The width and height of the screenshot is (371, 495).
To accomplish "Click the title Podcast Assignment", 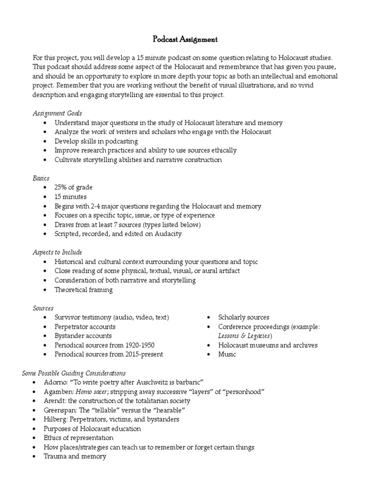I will pyautogui.click(x=185, y=40).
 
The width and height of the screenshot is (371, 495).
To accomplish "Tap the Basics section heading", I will pyautogui.click(x=41, y=178).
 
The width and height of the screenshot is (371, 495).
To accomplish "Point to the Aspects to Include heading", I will pyautogui.click(x=57, y=252).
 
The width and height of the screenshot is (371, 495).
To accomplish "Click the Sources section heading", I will pyautogui.click(x=43, y=308).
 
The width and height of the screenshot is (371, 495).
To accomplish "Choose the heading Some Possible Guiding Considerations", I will pyautogui.click(x=74, y=373).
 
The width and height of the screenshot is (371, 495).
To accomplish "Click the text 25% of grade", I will pyautogui.click(x=73, y=188).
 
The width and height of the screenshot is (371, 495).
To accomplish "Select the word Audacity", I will pyautogui.click(x=167, y=234).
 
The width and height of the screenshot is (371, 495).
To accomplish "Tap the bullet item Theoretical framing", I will pyautogui.click(x=84, y=290).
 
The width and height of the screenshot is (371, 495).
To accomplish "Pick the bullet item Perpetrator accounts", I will pyautogui.click(x=85, y=326).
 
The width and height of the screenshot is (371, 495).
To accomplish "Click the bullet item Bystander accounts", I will pyautogui.click(x=83, y=335).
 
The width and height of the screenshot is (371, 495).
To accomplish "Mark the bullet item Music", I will pyautogui.click(x=227, y=354).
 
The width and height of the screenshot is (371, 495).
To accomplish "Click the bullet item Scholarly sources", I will pyautogui.click(x=244, y=317).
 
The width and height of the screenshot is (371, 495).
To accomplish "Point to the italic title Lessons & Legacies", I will pyautogui.click(x=245, y=335).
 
